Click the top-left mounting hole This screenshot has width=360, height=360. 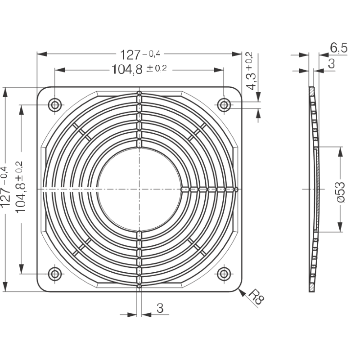pyautogui.click(x=55, y=105)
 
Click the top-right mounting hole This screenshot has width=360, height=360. pyautogui.click(x=224, y=105)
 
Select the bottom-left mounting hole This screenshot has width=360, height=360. pyautogui.click(x=55, y=274)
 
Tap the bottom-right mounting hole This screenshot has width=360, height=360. pyautogui.click(x=224, y=274)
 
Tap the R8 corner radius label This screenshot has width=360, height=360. pyautogui.click(x=256, y=298)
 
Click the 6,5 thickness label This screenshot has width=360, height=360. pyautogui.click(x=338, y=48)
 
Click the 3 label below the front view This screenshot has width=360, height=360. pyautogui.click(x=159, y=308)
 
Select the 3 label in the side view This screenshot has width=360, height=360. pyautogui.click(x=331, y=64)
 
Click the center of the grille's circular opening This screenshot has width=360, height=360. pyautogui.click(x=139, y=189)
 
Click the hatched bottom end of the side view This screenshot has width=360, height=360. pyautogui.click(x=311, y=287)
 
